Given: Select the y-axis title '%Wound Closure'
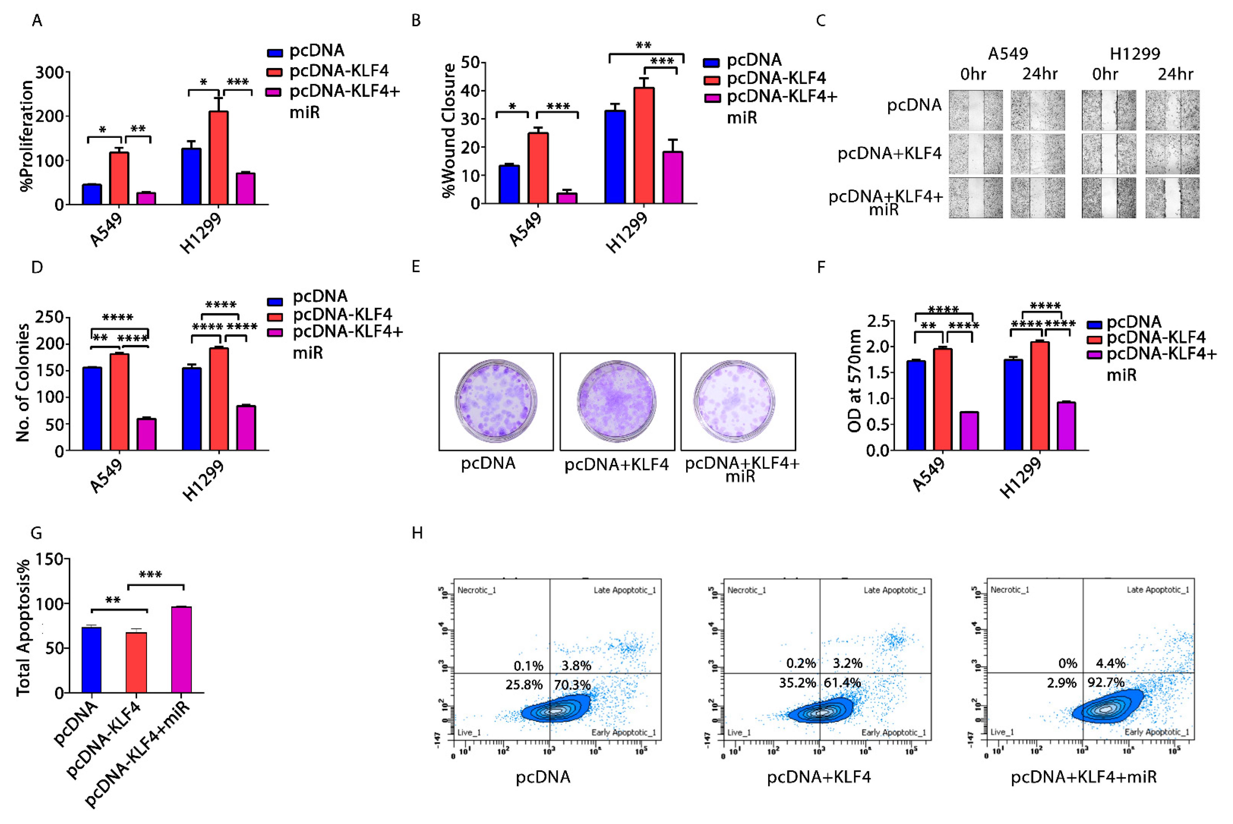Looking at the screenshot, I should pos(448,130).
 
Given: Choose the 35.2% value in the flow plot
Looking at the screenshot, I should pos(797,683).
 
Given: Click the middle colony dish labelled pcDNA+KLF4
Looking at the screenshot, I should pos(617,401).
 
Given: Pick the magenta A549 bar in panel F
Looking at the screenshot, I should pos(969,431).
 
